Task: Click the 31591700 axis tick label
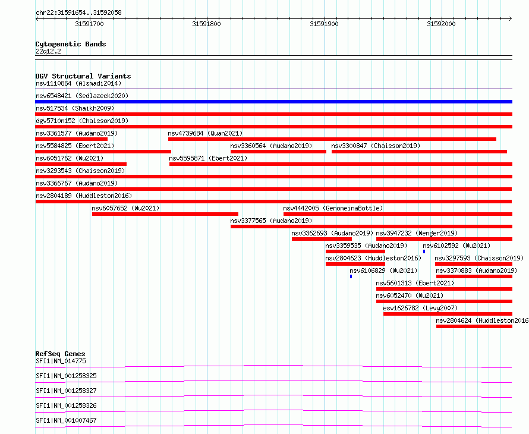tap(89, 24)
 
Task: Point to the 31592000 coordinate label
tap(441, 24)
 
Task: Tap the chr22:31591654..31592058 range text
tap(78, 13)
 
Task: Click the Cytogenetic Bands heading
tap(71, 44)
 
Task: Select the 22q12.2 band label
tap(48, 51)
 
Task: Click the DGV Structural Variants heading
tap(83, 76)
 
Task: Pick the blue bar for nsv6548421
tap(273, 102)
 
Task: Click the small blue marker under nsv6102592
tap(424, 251)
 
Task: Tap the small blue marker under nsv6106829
tap(351, 276)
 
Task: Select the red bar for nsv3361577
tap(71, 139)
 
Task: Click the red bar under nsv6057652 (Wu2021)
tap(165, 214)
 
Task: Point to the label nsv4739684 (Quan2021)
tap(205, 133)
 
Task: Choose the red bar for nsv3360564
tap(278, 152)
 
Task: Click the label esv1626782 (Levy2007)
tap(420, 308)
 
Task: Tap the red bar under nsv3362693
tap(322, 239)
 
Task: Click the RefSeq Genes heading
tap(61, 354)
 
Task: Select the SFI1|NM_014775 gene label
tap(61, 361)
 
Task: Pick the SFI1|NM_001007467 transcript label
tap(66, 420)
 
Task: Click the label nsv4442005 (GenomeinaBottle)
tap(333, 208)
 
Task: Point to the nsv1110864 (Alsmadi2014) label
tap(78, 83)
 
